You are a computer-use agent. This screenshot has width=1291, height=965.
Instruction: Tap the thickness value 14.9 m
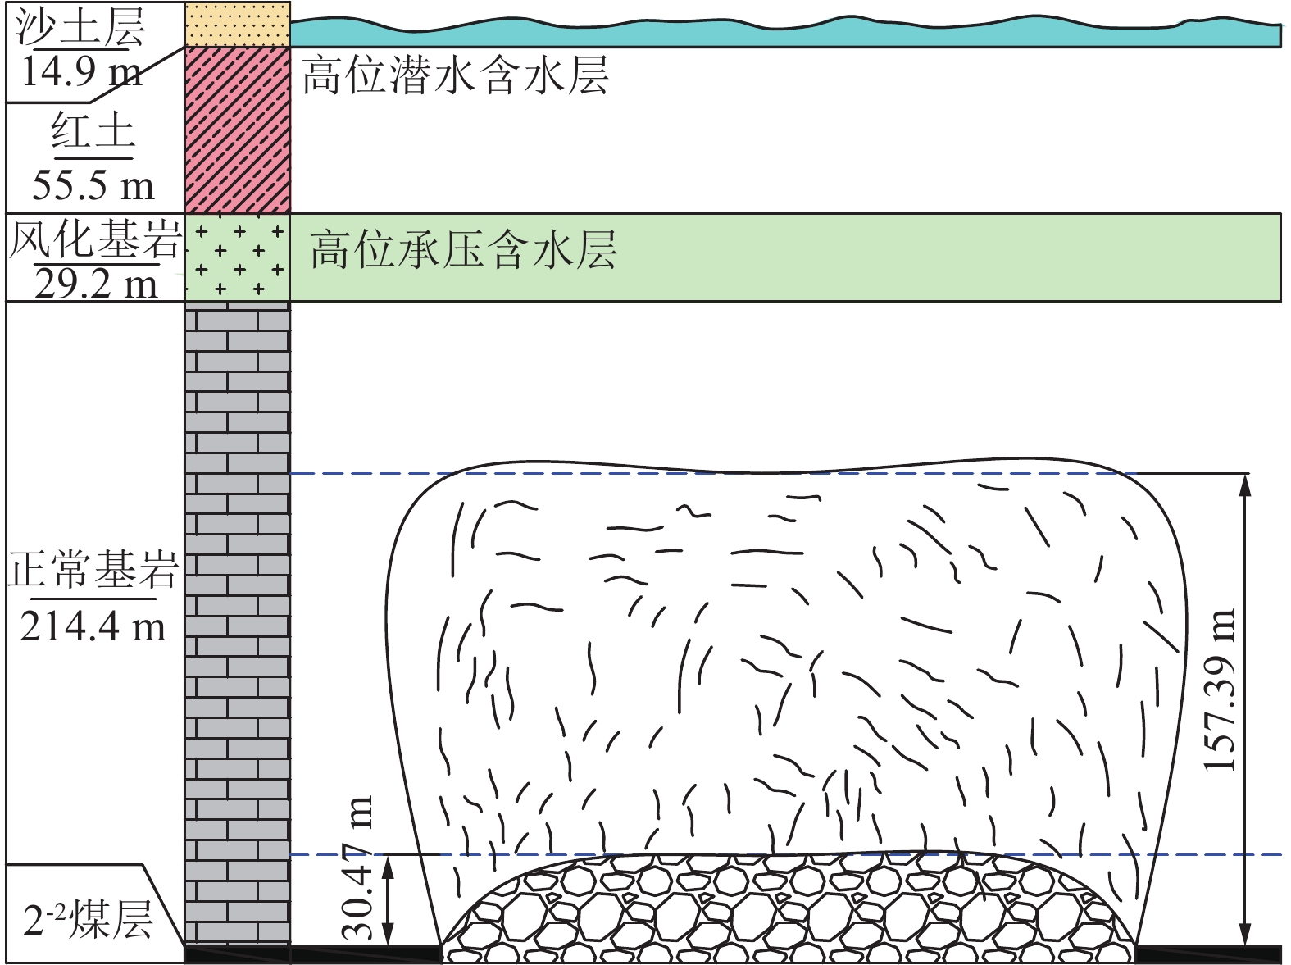[80, 71]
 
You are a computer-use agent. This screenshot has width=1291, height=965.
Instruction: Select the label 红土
[92, 132]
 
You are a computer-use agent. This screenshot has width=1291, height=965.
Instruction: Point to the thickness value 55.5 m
[93, 185]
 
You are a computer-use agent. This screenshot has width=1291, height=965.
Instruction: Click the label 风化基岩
[94, 240]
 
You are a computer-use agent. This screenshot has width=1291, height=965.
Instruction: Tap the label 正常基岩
[93, 569]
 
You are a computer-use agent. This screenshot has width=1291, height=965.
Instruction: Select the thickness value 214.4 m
[93, 627]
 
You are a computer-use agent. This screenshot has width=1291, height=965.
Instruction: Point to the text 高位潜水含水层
[455, 77]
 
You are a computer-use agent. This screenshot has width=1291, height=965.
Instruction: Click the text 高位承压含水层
[463, 250]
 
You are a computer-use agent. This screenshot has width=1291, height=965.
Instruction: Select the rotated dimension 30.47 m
[357, 867]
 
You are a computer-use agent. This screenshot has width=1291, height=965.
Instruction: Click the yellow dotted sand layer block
[237, 24]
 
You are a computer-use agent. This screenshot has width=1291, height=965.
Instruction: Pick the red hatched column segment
[237, 130]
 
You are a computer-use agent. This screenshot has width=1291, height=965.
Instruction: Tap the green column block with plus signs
[237, 257]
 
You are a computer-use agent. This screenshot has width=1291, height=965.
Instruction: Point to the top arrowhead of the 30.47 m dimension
[390, 865]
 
